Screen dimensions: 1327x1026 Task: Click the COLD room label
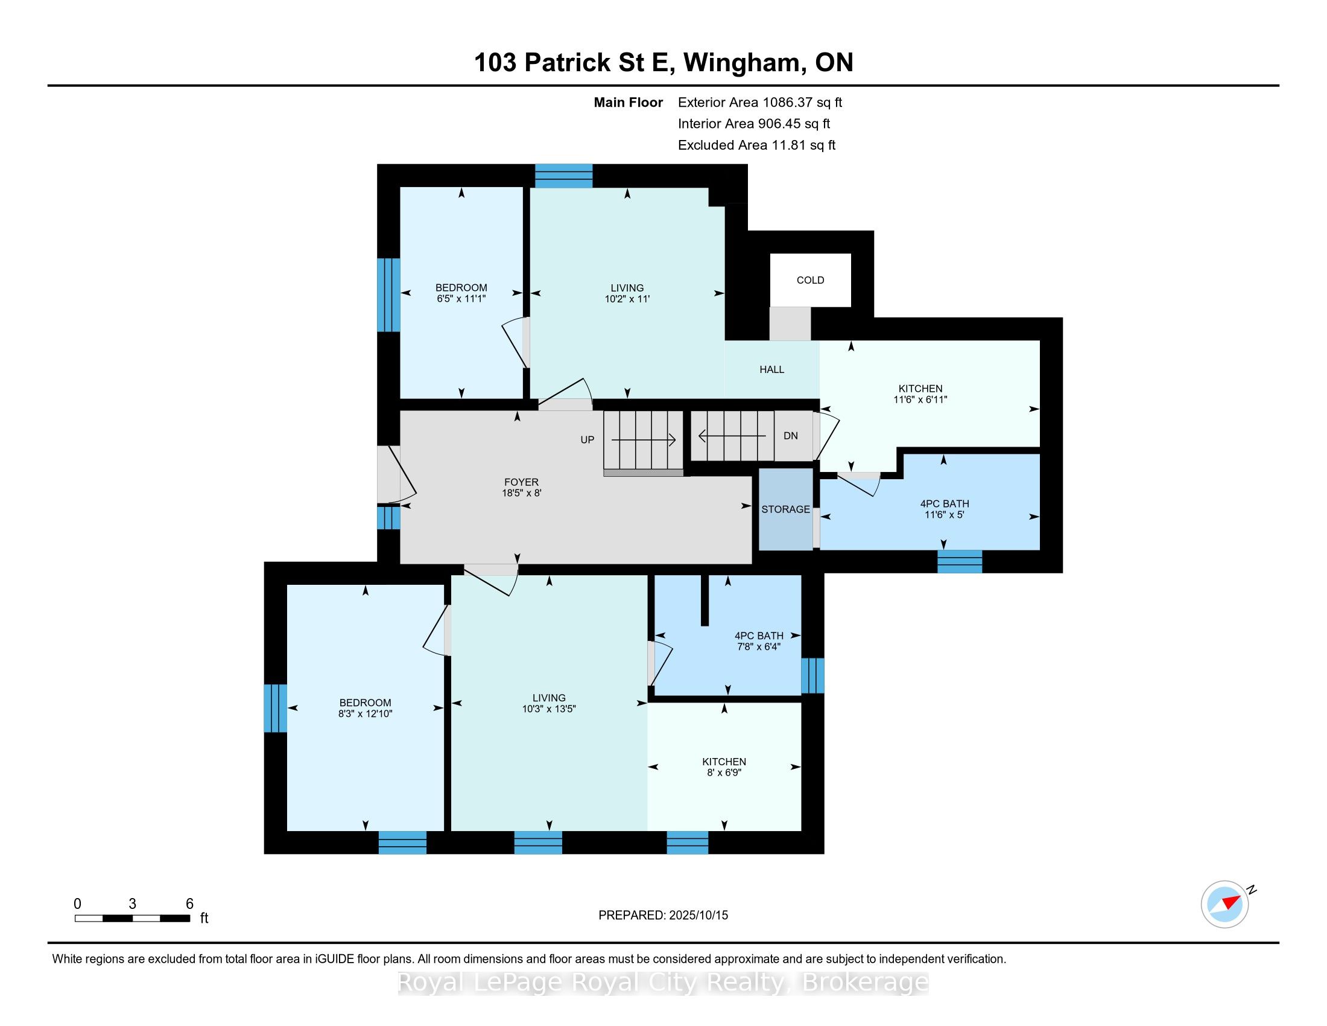point(810,280)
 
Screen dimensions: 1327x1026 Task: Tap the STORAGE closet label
point(785,509)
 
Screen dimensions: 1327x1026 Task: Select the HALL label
point(771,369)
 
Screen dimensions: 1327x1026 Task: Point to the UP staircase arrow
point(644,439)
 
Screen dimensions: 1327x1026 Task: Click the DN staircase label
point(791,436)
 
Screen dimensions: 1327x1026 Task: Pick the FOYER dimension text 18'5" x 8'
point(521,494)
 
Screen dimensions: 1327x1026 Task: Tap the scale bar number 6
point(189,904)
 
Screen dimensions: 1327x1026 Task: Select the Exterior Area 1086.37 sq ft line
point(760,103)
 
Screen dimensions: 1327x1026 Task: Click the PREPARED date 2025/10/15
point(698,916)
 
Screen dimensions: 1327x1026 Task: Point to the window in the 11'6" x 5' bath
point(960,562)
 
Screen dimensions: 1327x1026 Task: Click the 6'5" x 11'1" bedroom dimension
point(461,298)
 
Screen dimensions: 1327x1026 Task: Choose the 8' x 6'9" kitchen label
point(724,773)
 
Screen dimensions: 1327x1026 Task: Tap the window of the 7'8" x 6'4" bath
point(812,676)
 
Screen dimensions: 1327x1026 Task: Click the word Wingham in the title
point(741,63)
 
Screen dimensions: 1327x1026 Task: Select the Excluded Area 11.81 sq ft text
point(757,145)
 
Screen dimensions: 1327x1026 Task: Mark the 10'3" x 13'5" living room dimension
point(549,709)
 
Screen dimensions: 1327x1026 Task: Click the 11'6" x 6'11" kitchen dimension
point(920,400)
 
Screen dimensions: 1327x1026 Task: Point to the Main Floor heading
point(629,103)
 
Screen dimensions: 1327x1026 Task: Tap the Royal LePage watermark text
point(663,983)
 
